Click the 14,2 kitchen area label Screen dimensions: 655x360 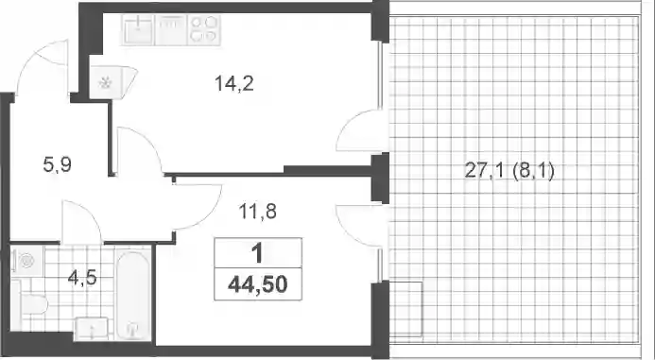click(234, 84)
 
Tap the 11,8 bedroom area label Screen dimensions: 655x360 click(258, 212)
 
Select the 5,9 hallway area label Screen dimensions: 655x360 click(58, 165)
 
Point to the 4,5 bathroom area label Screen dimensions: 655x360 click(82, 277)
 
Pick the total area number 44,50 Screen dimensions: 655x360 click(258, 284)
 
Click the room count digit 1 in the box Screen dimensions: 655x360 click(257, 253)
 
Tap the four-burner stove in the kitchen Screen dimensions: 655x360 click(204, 29)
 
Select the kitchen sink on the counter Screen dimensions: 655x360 click(138, 29)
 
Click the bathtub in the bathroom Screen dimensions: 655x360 click(132, 296)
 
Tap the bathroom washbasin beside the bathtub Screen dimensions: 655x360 click(92, 330)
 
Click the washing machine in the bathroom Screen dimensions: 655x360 click(27, 262)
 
